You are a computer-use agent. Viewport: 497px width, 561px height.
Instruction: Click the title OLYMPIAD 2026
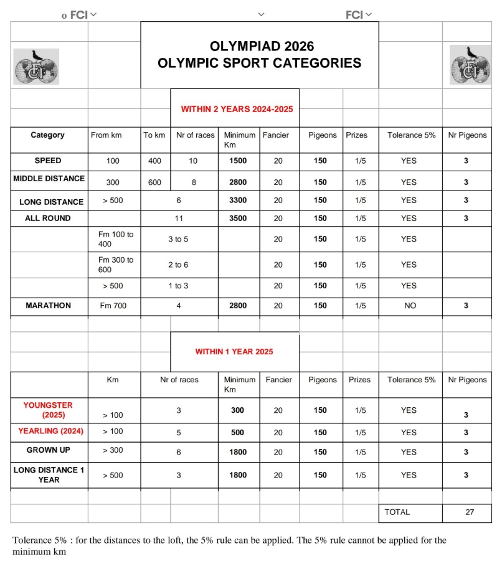[x=259, y=47]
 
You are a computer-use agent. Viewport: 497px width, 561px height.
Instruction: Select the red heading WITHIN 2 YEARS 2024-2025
[x=237, y=109]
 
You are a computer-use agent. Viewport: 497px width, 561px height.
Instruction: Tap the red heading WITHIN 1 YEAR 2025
[x=234, y=352]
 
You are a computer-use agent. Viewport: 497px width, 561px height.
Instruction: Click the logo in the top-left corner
[x=36, y=67]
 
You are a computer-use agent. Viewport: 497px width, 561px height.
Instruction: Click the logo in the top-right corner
[x=470, y=65]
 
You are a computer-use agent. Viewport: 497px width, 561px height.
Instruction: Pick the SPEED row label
[x=48, y=161]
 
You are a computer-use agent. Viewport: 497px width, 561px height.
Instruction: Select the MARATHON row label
[x=48, y=306]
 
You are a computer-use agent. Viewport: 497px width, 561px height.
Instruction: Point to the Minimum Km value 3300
[x=238, y=201]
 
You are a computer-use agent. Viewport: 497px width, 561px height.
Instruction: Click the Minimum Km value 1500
[x=238, y=161]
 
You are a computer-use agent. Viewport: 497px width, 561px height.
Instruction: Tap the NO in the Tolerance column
[x=409, y=306]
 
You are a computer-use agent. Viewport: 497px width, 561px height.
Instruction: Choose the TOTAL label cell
[x=397, y=512]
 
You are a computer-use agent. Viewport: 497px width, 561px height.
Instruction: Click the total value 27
[x=470, y=512]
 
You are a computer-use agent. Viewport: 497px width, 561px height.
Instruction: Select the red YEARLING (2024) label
[x=50, y=431]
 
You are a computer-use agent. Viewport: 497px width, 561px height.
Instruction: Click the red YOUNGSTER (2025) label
[x=48, y=409]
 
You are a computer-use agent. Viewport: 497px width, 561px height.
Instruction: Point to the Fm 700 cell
[x=113, y=306]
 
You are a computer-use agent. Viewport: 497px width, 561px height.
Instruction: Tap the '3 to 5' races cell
[x=178, y=239]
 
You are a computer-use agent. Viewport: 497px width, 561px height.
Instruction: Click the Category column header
[x=47, y=135]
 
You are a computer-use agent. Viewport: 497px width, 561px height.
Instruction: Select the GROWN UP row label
[x=48, y=450]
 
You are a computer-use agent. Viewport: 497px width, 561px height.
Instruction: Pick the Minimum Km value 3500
[x=238, y=219]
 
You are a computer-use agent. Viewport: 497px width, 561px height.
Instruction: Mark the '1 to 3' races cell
[x=178, y=286]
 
